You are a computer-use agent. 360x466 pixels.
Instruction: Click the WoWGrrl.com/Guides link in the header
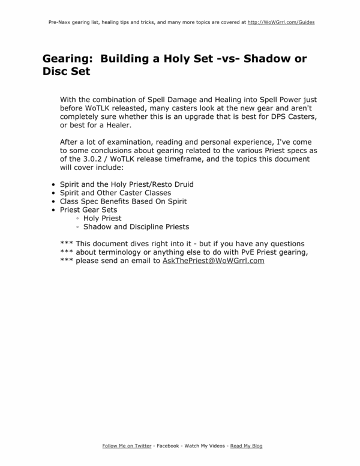click(x=281, y=22)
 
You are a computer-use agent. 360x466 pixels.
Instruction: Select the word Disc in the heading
click(x=58, y=71)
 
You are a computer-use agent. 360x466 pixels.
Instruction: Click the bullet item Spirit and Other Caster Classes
click(x=115, y=193)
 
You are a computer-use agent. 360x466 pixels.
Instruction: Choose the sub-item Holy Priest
click(x=102, y=219)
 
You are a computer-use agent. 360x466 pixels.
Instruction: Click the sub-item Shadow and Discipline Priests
click(x=136, y=227)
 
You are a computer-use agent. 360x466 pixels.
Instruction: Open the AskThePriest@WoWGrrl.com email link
click(x=213, y=261)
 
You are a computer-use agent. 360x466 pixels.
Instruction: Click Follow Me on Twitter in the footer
click(x=127, y=446)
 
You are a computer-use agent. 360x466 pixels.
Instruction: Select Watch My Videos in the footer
click(x=205, y=446)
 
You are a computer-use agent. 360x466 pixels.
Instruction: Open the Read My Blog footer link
click(x=246, y=446)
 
